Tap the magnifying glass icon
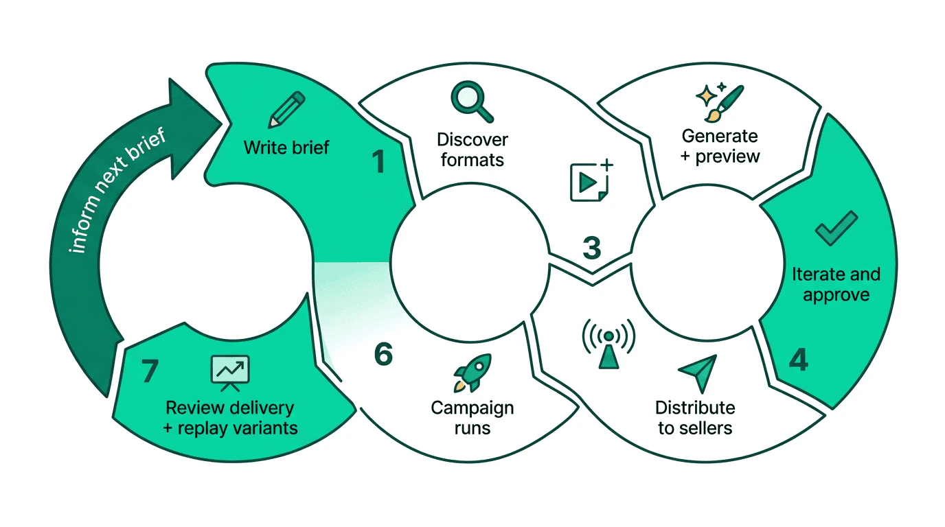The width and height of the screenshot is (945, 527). coord(472,101)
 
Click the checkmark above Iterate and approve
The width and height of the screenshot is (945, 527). coord(835,229)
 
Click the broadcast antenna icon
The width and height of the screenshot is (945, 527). coord(608,341)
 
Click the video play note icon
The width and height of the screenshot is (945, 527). coord(590,181)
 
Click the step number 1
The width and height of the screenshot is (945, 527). coord(378,162)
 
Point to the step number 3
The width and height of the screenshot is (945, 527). coord(591,248)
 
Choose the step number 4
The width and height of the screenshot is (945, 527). coord(797,360)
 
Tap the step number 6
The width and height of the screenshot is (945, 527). coord(383,355)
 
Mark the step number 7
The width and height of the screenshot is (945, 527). coord(150,371)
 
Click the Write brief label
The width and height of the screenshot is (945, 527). coord(286,147)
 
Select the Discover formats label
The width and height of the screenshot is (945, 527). coord(473,150)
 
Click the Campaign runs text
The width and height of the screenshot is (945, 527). coord(472,418)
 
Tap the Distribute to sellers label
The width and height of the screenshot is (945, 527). coord(695,418)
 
